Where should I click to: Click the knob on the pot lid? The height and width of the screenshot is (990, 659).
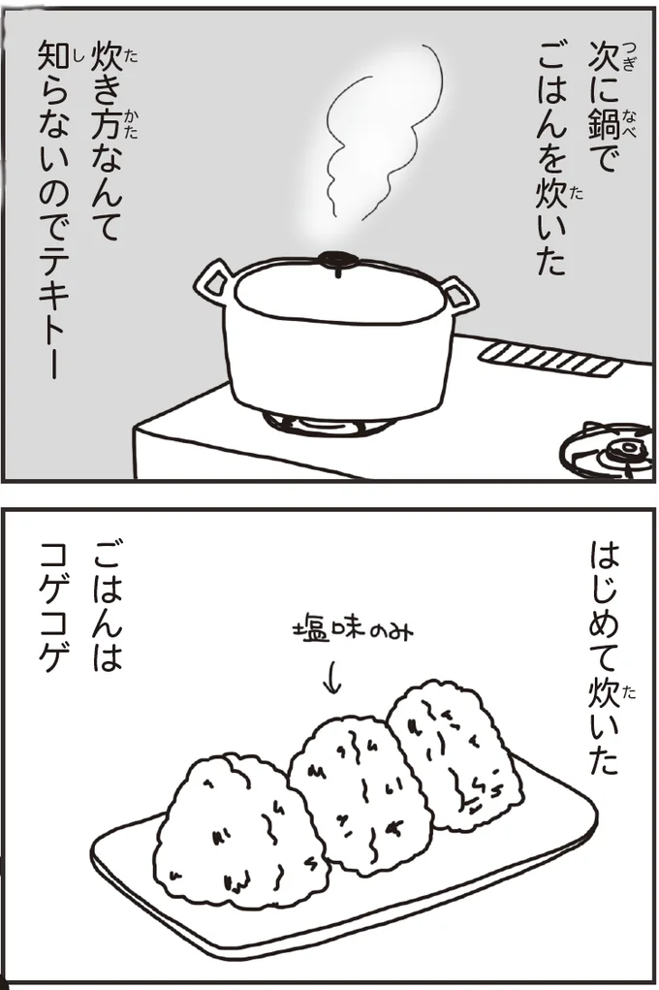click(337, 259)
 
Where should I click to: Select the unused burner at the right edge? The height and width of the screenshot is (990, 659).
click(611, 449)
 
